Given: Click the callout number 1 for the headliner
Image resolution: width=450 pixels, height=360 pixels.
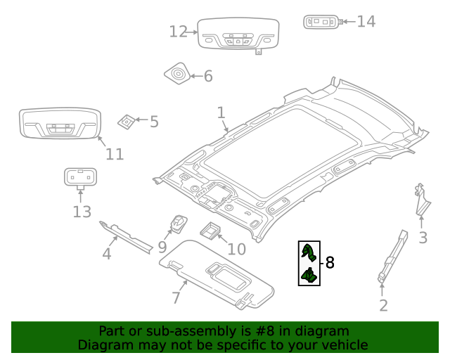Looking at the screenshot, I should pos(221,112).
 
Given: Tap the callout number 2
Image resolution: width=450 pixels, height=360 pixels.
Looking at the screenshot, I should pos(383,305).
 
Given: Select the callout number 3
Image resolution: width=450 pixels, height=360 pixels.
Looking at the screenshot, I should pos(423,238).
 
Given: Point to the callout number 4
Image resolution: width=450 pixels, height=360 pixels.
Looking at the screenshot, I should pos(107,253).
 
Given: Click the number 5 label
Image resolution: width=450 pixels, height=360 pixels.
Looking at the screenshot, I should pos(154,122).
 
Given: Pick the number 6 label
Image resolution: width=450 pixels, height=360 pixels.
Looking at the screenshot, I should pos(207,76).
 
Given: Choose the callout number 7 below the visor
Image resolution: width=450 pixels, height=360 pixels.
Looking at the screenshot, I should pos(176,297).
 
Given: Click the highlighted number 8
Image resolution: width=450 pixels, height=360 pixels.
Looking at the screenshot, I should pos(329,263).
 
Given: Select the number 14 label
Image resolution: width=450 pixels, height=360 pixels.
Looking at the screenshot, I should pos(366,21).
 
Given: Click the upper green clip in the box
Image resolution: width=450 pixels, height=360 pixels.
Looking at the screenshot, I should pos(308,252).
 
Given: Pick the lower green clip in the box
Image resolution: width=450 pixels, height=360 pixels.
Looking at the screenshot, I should pos(309,275).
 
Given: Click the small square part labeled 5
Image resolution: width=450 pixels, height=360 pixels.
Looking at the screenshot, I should pos(127,121).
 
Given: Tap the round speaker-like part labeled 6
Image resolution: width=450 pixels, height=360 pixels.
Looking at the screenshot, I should pos(176,73).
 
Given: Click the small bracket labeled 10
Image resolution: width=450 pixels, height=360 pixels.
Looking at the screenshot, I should pos(211,229).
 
